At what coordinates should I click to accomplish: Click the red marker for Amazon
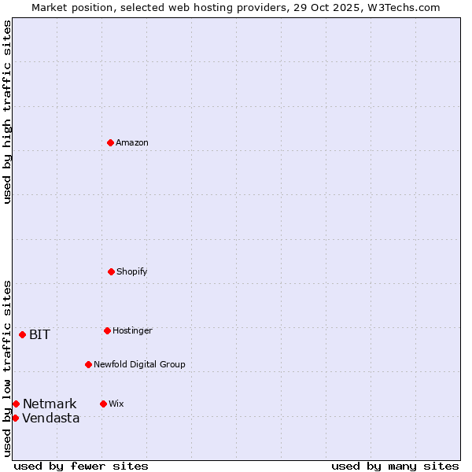coord(110,142)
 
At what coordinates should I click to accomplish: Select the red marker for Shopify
coord(111,271)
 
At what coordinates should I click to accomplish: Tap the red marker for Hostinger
coord(107,330)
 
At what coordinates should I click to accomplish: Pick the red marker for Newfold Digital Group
coord(88,364)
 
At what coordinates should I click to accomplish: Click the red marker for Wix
coord(103,404)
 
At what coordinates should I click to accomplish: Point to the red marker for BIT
coord(22,334)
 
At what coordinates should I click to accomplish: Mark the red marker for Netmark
coord(16,404)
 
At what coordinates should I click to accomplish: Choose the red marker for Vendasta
coord(15,418)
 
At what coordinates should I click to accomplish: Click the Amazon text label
coord(132,142)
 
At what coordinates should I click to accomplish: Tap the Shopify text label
coord(132,271)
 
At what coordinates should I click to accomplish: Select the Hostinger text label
coord(132,330)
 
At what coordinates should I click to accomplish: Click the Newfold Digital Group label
coord(140,364)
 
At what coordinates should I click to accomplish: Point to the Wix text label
coord(116,404)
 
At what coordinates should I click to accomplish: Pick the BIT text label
coord(39,334)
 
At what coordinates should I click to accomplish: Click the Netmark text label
coord(50,404)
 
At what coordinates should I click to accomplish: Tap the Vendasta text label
coord(51,418)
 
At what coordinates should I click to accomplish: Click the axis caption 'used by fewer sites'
coord(81,466)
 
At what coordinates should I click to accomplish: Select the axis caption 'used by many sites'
coord(395,466)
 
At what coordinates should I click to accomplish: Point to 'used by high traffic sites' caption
coord(7,112)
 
